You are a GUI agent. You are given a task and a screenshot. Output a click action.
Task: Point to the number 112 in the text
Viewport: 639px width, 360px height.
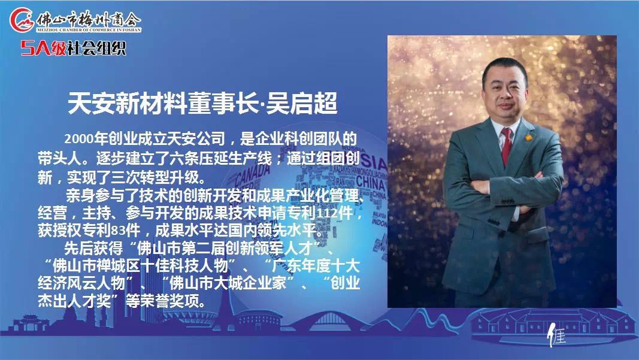[323, 213]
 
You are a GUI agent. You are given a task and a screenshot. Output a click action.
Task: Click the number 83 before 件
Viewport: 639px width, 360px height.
[117, 231]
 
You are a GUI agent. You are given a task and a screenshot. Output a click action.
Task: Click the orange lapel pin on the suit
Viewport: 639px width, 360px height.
[528, 138]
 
